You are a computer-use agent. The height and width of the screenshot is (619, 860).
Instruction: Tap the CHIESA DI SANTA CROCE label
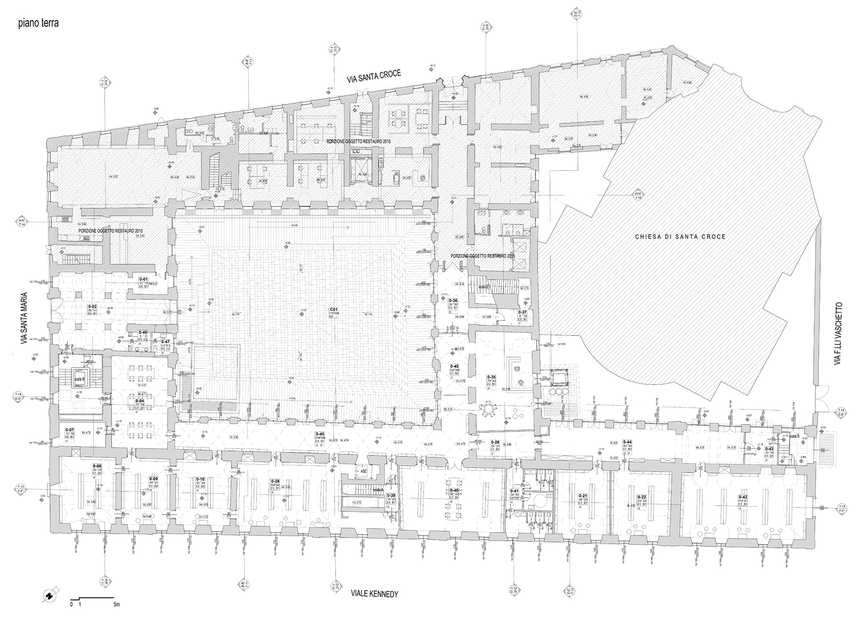click(680, 236)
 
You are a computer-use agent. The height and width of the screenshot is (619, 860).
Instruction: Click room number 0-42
click(743, 497)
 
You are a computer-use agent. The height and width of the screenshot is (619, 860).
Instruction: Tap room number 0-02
click(93, 306)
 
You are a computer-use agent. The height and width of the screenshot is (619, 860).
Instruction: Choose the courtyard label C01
click(333, 309)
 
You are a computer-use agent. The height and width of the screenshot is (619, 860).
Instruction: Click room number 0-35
click(491, 378)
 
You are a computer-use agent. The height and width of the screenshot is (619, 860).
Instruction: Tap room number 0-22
click(641, 497)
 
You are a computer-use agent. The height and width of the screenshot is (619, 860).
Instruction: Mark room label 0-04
click(140, 401)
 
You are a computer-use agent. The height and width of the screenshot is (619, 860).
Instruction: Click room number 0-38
click(275, 481)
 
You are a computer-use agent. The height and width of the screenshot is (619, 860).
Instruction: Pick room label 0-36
click(453, 301)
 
